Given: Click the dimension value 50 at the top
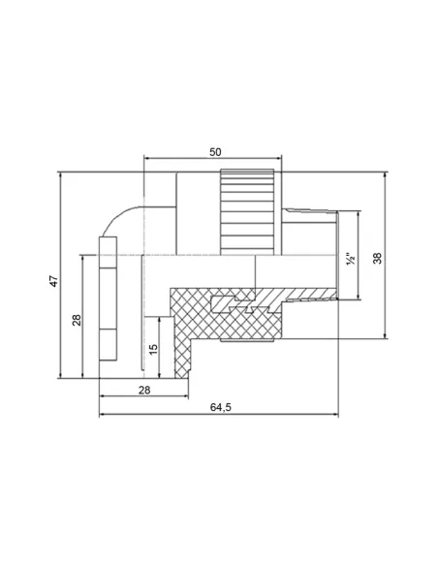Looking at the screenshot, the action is [215, 152].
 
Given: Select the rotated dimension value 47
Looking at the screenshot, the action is [53, 281].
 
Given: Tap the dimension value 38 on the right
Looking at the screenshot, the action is [377, 258].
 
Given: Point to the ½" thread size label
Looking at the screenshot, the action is [351, 259].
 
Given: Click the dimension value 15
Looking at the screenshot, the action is [153, 349].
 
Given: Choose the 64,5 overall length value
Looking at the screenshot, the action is [220, 407].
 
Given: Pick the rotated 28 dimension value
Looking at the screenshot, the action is [77, 320].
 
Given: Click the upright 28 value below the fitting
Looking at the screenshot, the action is [144, 390].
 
